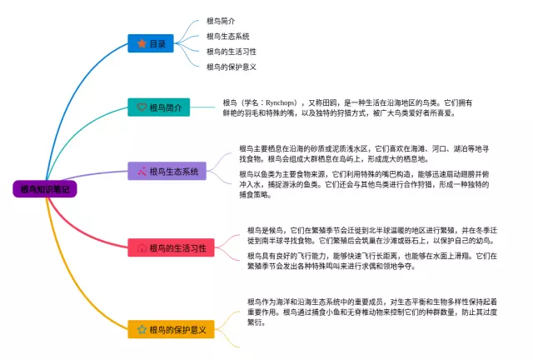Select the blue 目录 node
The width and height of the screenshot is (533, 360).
pyautogui.click(x=152, y=43)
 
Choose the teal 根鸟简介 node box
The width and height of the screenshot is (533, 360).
pyautogui.click(x=160, y=108)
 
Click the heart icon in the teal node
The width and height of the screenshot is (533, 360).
pyautogui.click(x=141, y=108)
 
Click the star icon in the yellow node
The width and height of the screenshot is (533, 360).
pyautogui.click(x=142, y=330)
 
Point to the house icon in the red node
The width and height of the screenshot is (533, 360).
pyautogui.click(x=142, y=247)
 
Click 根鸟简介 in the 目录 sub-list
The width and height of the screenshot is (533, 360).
pyautogui.click(x=221, y=21)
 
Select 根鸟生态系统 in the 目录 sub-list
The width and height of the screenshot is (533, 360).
pyautogui.click(x=227, y=36)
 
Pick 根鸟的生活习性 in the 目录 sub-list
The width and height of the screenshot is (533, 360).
pyautogui.click(x=231, y=52)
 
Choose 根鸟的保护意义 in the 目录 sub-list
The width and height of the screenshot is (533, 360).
pyautogui.click(x=231, y=67)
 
